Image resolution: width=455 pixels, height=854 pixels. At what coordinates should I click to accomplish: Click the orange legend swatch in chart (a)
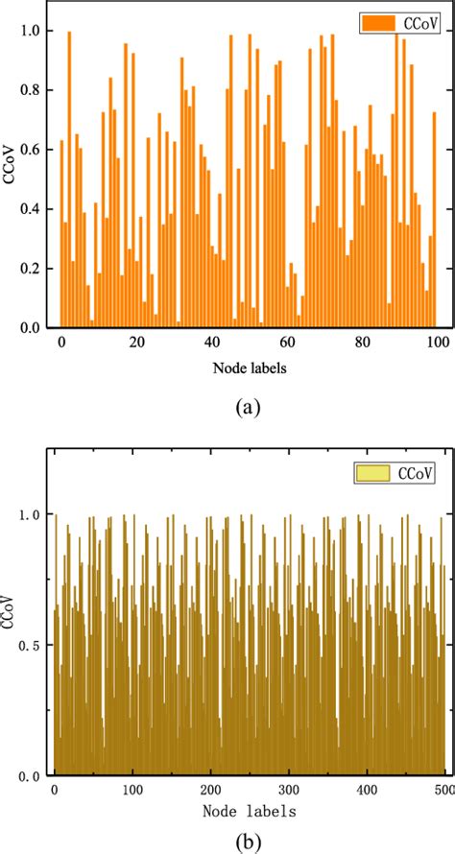tap(373, 21)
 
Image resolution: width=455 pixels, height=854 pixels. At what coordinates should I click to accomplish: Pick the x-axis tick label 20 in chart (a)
tap(136, 343)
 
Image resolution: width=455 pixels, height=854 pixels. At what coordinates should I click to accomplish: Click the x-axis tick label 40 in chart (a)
tap(211, 343)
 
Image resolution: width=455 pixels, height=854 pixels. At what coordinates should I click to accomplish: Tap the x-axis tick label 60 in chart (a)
tap(286, 343)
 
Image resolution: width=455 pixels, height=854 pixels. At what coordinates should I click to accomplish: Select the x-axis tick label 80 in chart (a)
tap(361, 343)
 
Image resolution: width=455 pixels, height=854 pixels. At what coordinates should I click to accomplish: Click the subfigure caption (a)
tap(248, 407)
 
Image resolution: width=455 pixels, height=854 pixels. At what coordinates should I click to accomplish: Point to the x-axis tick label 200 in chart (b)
tap(211, 790)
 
